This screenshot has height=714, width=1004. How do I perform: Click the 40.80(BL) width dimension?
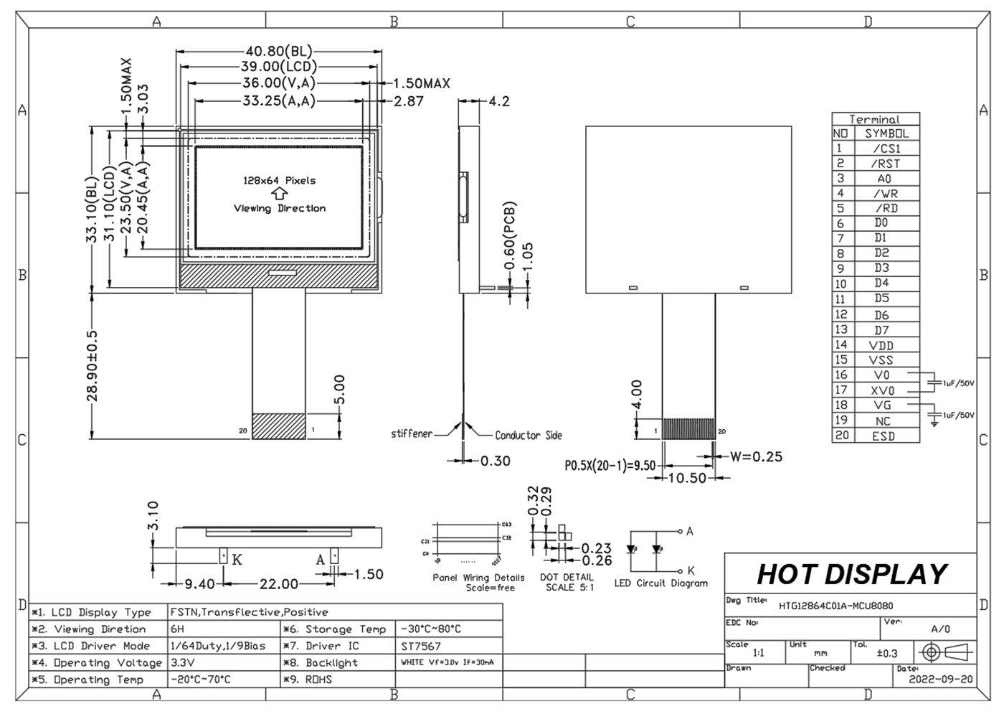click(x=278, y=52)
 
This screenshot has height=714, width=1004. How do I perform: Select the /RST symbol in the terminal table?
click(x=885, y=164)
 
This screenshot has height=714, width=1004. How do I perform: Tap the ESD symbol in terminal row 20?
click(x=884, y=436)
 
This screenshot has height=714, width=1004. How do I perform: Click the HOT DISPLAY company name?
click(x=851, y=574)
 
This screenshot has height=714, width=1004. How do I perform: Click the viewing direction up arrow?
click(x=280, y=194)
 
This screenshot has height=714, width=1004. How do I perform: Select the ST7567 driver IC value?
click(x=421, y=646)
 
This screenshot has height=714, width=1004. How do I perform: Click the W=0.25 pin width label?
click(x=756, y=456)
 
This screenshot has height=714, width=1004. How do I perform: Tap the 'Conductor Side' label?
click(x=529, y=436)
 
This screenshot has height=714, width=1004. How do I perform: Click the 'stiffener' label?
click(x=412, y=434)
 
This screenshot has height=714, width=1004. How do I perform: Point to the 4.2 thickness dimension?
click(x=499, y=101)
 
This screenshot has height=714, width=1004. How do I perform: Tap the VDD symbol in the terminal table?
click(x=881, y=345)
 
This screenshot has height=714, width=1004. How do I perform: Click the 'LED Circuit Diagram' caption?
click(x=660, y=583)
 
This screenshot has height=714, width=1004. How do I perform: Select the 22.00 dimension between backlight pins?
click(x=279, y=584)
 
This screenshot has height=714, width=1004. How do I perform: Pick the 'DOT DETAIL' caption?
click(x=567, y=577)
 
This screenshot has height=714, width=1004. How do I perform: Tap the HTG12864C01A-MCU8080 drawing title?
click(x=835, y=606)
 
